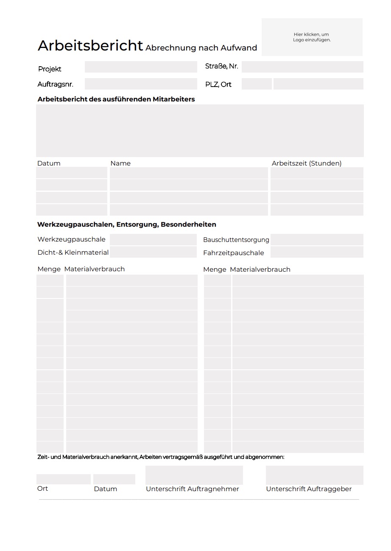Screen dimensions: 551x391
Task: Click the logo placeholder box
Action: [x=312, y=37]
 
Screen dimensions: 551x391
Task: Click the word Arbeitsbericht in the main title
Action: [x=90, y=45]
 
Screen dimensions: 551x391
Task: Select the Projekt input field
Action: [x=141, y=67]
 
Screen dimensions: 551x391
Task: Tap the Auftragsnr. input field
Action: [x=141, y=84]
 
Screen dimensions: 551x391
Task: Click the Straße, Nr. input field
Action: [x=302, y=67]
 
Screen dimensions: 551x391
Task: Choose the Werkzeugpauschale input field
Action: [x=153, y=239]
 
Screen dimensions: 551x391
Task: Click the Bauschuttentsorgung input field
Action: [x=317, y=239]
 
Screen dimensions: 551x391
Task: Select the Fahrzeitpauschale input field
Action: [x=317, y=252]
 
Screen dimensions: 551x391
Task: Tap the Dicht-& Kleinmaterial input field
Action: [x=153, y=252]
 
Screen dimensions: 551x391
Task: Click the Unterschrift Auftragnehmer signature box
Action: [x=194, y=475]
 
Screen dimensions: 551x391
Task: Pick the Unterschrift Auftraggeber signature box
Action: [x=314, y=475]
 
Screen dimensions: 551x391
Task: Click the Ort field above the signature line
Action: [x=63, y=479]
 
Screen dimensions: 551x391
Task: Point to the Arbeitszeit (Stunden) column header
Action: [x=307, y=163]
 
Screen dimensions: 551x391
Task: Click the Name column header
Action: [x=120, y=163]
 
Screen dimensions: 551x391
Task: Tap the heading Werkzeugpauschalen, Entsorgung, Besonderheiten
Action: [x=127, y=225]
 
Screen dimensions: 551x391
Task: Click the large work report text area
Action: [x=200, y=131]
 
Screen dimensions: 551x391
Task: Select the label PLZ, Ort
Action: [x=218, y=84]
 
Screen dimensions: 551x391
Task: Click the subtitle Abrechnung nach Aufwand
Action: [x=201, y=48]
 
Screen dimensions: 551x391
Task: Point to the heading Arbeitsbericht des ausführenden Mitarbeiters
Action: [x=116, y=99]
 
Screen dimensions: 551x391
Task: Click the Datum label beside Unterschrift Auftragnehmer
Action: [x=106, y=489]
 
